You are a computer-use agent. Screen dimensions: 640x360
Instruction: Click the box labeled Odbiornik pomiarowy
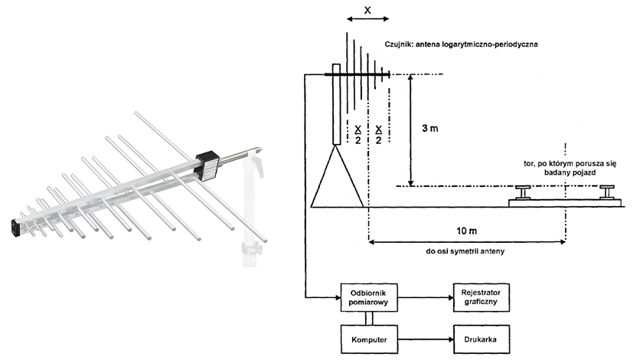click(x=369, y=297)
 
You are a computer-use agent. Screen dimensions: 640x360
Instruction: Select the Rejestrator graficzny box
click(x=482, y=297)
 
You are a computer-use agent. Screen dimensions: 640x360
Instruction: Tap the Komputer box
click(x=369, y=339)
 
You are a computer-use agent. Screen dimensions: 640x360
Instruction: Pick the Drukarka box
click(x=482, y=339)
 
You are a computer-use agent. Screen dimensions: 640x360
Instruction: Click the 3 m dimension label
click(x=430, y=128)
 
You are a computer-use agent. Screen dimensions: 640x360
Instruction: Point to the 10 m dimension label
click(x=466, y=231)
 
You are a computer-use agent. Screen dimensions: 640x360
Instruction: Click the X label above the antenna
click(x=367, y=10)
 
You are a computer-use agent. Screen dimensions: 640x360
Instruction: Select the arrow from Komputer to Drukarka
click(x=426, y=339)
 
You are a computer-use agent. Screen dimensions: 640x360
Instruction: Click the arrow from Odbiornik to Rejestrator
click(x=426, y=297)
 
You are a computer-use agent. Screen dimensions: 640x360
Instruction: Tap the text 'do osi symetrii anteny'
click(x=465, y=251)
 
